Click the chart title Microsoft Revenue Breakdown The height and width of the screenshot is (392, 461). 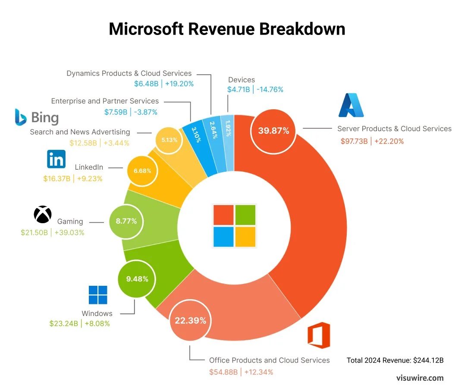coord(227,29)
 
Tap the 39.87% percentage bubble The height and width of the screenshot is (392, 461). coord(273,131)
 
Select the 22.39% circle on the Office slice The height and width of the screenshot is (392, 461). coord(190,320)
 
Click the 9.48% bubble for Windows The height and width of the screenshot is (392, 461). coord(137,279)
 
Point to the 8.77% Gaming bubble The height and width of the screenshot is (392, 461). coord(126,221)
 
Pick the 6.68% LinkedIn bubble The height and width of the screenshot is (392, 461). coord(142,171)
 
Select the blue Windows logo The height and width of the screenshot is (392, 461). coord(98,295)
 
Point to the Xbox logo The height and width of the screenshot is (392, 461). coord(43,215)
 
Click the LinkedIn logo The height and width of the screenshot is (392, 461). coord(56,159)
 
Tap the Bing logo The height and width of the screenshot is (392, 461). coord(37,117)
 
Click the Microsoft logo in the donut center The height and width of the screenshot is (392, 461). coord(234,226)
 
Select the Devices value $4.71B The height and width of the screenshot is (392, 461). coord(238,90)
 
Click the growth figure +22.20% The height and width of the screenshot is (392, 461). coord(389,141)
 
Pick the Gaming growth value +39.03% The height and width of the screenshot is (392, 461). coord(69,233)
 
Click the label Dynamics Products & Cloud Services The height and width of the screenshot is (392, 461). coord(129,73)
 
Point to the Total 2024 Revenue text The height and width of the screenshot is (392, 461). coord(395,360)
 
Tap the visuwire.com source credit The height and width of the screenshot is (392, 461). coord(420,378)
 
